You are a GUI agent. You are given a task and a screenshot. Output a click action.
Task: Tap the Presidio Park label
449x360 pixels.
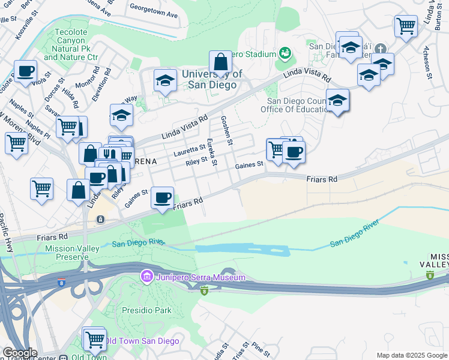(147, 310)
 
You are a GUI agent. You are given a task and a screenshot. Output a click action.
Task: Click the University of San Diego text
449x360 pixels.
(212, 79)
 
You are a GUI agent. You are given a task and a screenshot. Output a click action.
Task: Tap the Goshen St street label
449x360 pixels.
(226, 130)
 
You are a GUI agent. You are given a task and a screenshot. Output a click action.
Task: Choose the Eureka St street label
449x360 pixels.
(211, 152)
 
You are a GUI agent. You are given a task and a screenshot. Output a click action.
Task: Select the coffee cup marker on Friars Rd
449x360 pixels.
(161, 197)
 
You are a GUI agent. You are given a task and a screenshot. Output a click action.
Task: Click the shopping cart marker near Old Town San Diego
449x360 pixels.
(94, 339)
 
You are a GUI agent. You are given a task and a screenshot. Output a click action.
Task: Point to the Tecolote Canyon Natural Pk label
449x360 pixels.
(71, 44)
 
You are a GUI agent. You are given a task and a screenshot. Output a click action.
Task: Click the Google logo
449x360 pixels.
(20, 353)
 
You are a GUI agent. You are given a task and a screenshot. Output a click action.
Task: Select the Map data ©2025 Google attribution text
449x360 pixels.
(412, 355)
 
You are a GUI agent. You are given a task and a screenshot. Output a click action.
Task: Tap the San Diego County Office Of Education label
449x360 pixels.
(294, 105)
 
